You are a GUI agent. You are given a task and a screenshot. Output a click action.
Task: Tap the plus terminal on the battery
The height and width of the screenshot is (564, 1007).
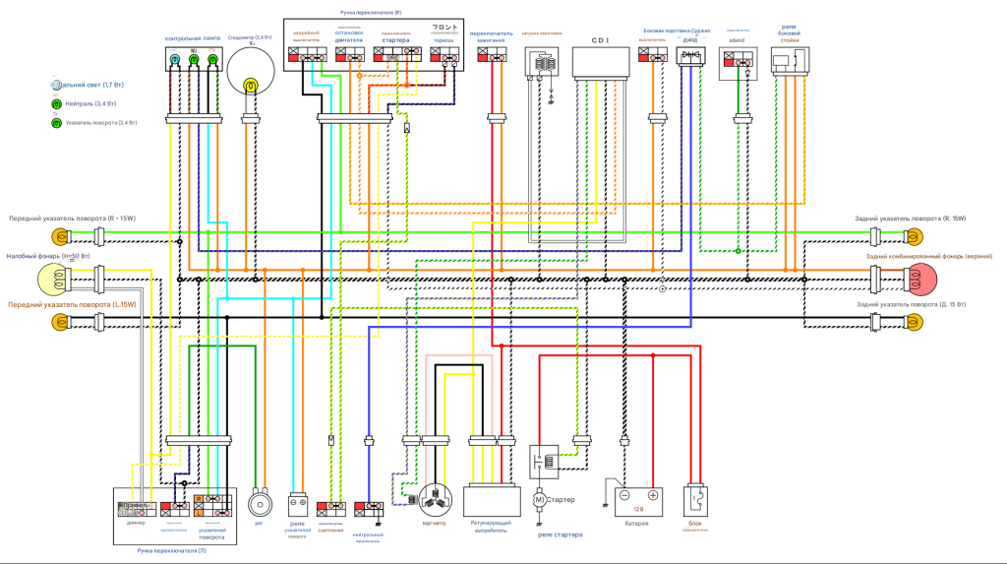point(652,495)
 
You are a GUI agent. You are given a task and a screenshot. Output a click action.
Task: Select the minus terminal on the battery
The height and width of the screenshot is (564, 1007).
point(623,495)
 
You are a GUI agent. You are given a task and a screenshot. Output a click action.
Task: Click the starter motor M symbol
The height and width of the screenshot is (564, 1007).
point(539,500)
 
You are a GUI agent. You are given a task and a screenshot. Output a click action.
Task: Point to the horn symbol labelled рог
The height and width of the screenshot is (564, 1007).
point(261,503)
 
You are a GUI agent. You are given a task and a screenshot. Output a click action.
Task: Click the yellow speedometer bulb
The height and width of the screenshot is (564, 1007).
point(251,87)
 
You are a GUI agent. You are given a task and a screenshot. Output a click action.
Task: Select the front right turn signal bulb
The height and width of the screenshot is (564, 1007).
point(62,236)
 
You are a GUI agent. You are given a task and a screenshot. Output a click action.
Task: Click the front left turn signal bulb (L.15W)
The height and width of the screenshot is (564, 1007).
point(62,322)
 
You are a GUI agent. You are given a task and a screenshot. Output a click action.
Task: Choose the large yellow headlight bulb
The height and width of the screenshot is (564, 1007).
point(53,280)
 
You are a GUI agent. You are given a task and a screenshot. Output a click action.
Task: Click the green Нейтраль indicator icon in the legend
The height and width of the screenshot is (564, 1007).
point(56,103)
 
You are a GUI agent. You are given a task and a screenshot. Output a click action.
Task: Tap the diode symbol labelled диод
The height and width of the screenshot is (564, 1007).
point(691,56)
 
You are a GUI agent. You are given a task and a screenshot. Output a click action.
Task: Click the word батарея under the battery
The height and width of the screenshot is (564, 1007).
point(636,523)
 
